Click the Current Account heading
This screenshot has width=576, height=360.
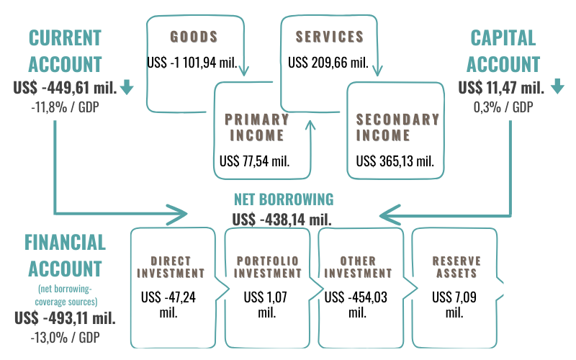(64, 50)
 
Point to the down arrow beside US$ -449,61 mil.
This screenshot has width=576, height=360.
(127, 88)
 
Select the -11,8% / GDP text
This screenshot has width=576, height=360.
(64, 107)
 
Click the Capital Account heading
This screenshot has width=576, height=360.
(503, 50)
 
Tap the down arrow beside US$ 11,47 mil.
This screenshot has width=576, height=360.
(557, 88)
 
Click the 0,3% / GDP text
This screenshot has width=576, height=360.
(502, 107)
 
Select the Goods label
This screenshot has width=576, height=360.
(193, 36)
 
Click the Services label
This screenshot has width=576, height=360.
(329, 36)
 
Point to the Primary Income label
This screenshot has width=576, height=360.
(256, 127)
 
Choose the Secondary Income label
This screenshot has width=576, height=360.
(397, 127)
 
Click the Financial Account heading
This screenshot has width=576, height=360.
(65, 255)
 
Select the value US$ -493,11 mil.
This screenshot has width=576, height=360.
(64, 318)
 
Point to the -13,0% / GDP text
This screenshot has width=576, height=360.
(64, 336)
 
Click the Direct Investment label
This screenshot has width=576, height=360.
(171, 266)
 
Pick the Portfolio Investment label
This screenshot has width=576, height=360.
(267, 266)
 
